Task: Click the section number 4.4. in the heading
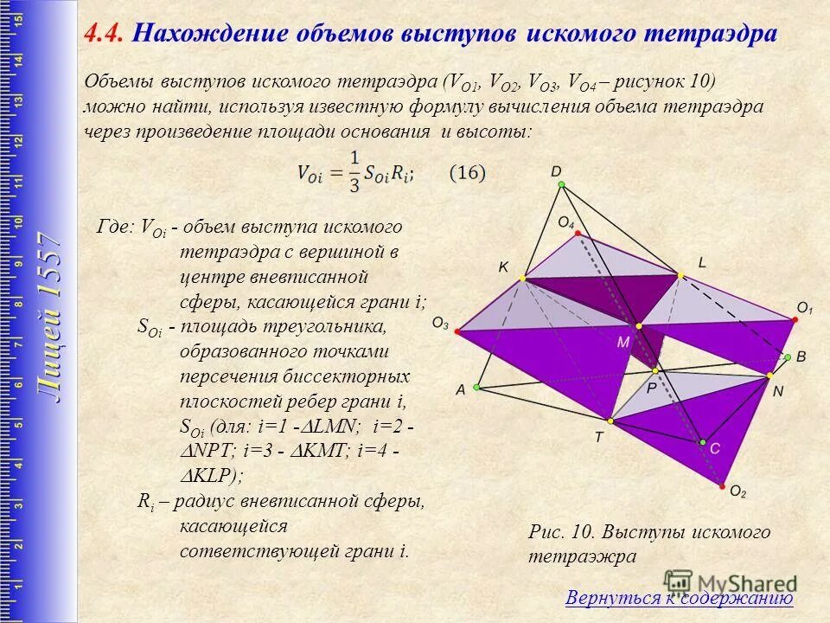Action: [105, 34]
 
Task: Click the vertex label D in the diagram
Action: [557, 172]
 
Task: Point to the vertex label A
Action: [461, 390]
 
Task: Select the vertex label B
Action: [801, 356]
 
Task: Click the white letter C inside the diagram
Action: [714, 449]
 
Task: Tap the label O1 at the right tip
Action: [804, 307]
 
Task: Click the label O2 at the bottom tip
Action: [737, 491]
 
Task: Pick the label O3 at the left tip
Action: [440, 324]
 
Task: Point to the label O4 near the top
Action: [565, 223]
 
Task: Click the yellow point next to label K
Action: [522, 278]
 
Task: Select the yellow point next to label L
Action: [681, 275]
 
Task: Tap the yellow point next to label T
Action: [610, 421]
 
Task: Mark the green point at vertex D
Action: [561, 185]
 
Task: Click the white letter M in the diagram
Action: [622, 343]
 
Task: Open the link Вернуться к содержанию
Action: [679, 598]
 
